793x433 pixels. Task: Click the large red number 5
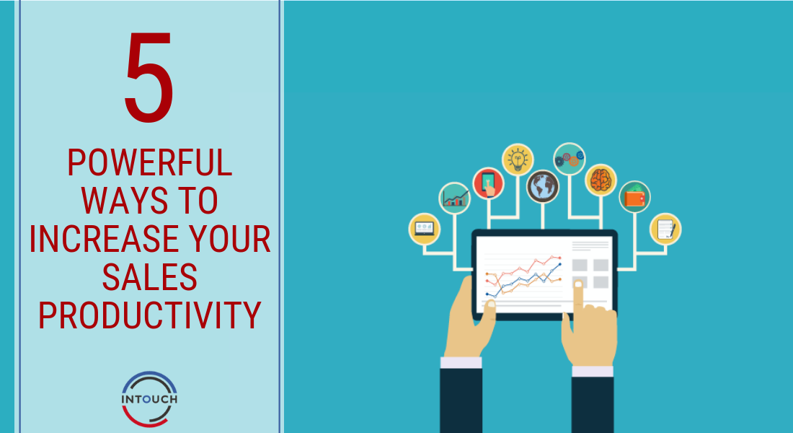[x=149, y=77]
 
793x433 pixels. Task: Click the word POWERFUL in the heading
[x=150, y=162]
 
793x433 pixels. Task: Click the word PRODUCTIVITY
[x=150, y=315]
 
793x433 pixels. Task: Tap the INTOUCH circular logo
[x=149, y=399]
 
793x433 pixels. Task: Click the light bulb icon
[x=518, y=159]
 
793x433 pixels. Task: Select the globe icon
[x=543, y=186]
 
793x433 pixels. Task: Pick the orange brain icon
[x=601, y=180]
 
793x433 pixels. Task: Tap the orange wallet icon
[x=634, y=196]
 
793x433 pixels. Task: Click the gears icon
[x=570, y=159]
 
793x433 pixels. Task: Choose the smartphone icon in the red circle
[x=488, y=183]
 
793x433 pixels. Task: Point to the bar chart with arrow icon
[x=455, y=198]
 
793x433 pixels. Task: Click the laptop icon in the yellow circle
[x=425, y=229]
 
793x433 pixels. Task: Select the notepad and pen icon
[x=665, y=229]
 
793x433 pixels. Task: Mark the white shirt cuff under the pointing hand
[x=592, y=371]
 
